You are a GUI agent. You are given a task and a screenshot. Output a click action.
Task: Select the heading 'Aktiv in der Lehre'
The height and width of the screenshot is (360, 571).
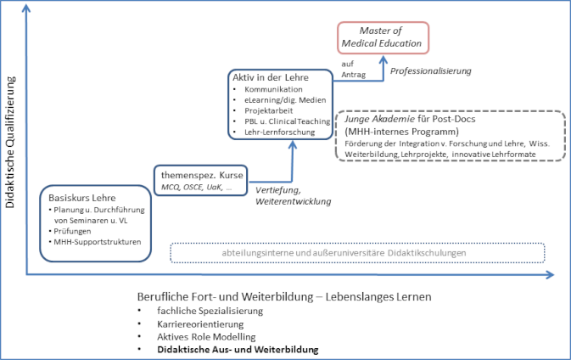270,78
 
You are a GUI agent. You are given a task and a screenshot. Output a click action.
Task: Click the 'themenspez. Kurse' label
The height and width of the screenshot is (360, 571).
199,174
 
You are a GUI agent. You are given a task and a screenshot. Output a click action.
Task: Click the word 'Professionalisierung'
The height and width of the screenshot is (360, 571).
430,70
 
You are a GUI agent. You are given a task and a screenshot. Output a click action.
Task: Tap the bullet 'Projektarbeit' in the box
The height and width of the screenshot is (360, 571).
269,110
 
